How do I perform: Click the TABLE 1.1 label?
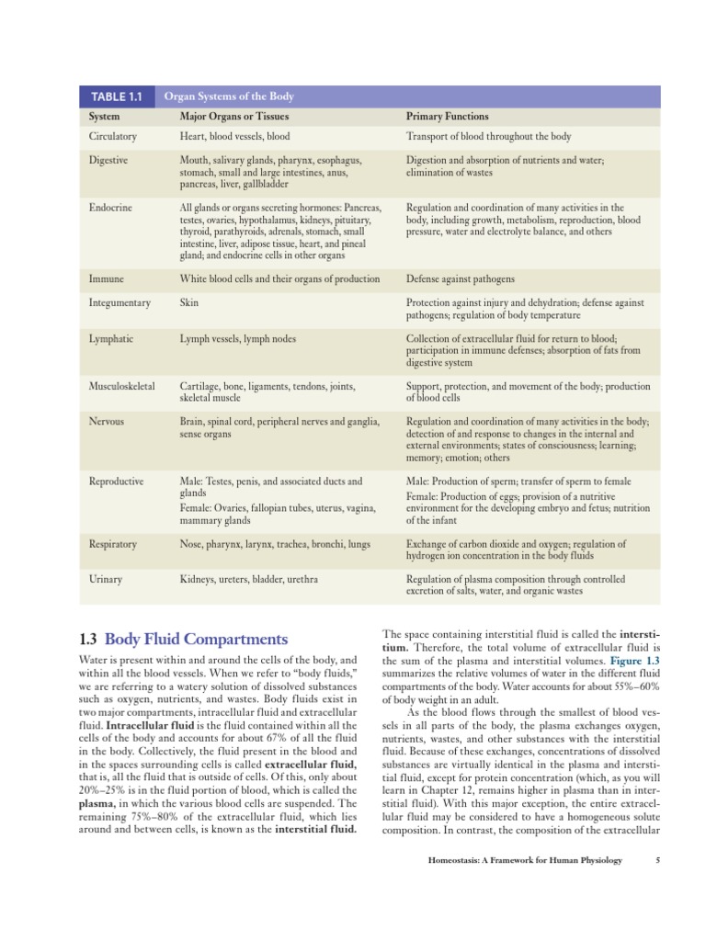point(116,96)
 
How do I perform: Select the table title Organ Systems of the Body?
point(228,96)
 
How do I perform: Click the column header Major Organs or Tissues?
point(233,117)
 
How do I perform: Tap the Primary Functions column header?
point(447,117)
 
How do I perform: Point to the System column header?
point(104,117)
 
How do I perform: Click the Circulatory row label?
point(112,136)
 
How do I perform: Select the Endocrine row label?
point(109,208)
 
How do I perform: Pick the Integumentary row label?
point(120,302)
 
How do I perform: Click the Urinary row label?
point(106,580)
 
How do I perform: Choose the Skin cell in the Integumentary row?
point(188,302)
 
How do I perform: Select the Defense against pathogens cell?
point(460,278)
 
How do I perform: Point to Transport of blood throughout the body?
point(488,136)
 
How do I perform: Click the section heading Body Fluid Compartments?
point(196,639)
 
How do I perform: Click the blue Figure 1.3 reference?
point(634,661)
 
